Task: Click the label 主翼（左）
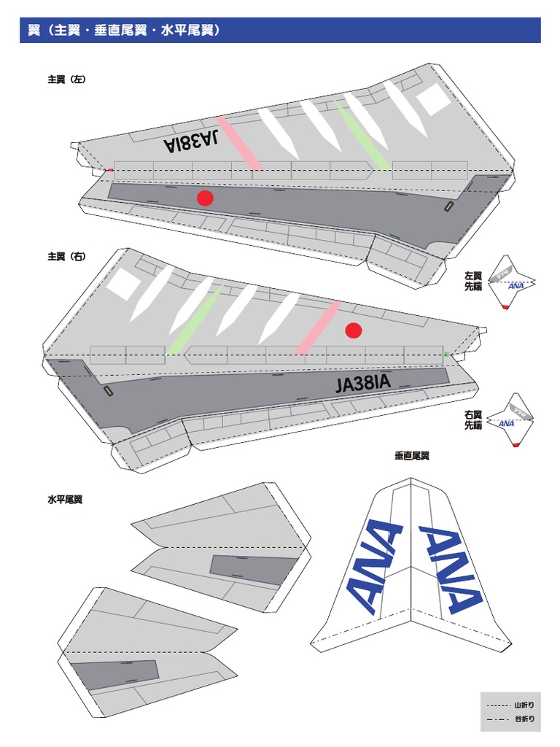click(x=66, y=80)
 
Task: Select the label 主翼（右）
click(x=66, y=257)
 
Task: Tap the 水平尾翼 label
click(x=65, y=500)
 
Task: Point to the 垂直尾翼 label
click(x=412, y=456)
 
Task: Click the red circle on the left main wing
click(x=205, y=198)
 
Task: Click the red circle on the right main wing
click(x=354, y=330)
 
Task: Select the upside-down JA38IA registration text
click(x=192, y=141)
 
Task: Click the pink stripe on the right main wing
click(x=318, y=328)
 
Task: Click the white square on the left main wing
click(x=434, y=98)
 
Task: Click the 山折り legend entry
click(x=511, y=705)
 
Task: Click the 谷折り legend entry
click(x=511, y=719)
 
